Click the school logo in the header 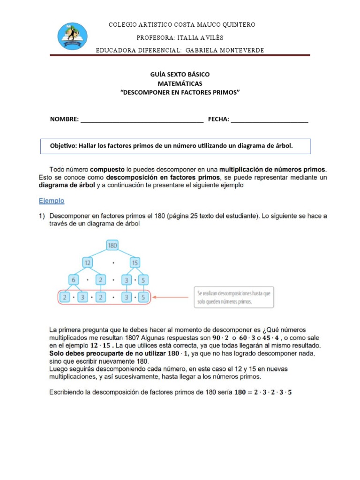point(72,36)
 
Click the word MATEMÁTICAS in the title point(180,83)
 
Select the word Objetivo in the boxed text point(63,146)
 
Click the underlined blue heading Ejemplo point(51,201)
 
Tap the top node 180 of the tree point(112,245)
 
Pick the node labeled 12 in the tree point(88,263)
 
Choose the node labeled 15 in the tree point(135,263)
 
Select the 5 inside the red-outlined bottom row point(143,297)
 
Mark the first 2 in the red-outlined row point(66,297)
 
